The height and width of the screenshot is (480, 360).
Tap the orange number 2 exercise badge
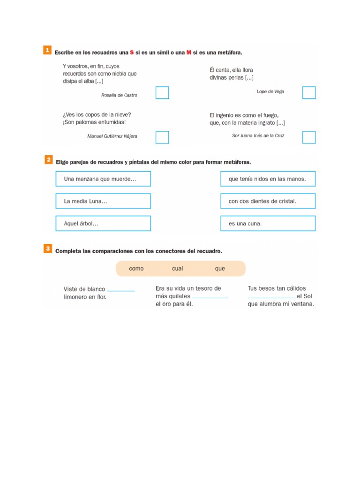[48, 160]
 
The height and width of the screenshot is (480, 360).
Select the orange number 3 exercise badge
[48, 249]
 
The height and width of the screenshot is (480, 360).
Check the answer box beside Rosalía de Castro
[162, 93]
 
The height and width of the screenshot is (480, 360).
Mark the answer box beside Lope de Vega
[309, 93]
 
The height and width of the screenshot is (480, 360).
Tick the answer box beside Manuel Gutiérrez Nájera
[162, 137]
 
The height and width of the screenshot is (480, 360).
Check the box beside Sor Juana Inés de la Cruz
[309, 137]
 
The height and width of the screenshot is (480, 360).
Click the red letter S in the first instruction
[132, 52]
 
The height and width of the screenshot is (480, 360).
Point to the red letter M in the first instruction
[189, 52]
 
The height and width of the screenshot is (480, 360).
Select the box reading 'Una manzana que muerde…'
[103, 179]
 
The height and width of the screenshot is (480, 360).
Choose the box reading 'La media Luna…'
[103, 201]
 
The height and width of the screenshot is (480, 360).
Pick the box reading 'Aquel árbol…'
[103, 224]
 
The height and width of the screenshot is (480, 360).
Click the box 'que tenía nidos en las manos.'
[268, 179]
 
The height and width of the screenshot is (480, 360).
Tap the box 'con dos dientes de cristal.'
[268, 201]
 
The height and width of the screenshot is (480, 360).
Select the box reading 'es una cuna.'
[268, 224]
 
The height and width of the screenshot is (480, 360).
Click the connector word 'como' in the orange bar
[136, 269]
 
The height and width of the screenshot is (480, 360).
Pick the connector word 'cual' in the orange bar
[178, 269]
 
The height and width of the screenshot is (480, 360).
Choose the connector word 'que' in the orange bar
[220, 269]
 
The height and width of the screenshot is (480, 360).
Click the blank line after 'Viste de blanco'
[121, 291]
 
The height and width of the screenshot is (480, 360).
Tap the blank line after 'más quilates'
[210, 297]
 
